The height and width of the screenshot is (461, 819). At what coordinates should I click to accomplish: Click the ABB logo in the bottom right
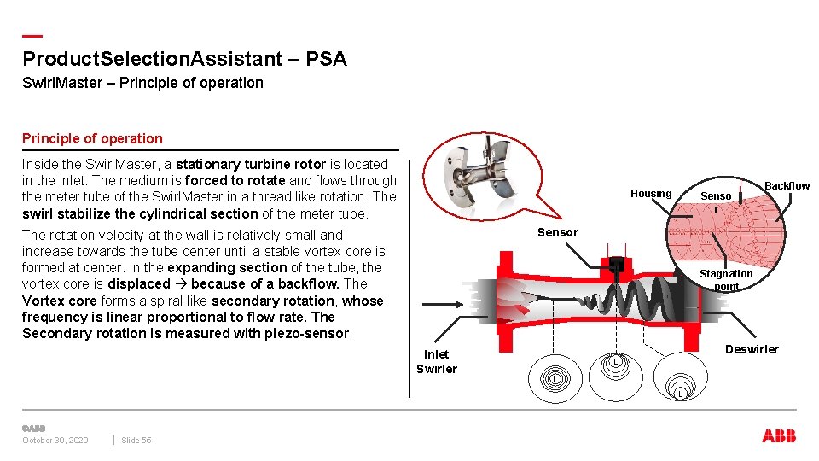pyautogui.click(x=779, y=436)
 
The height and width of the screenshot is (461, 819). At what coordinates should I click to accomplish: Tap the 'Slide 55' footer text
pyautogui.click(x=136, y=441)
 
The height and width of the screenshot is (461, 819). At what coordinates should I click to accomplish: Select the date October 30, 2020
pyautogui.click(x=55, y=441)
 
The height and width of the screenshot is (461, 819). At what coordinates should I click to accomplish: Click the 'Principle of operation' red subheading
pyautogui.click(x=92, y=138)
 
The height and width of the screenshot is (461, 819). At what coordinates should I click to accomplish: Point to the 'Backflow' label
pyautogui.click(x=787, y=186)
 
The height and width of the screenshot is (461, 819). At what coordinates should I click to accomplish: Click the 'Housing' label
pyautogui.click(x=651, y=194)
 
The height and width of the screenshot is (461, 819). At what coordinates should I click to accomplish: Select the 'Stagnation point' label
pyautogui.click(x=726, y=280)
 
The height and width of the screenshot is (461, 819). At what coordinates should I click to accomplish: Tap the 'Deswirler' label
pyautogui.click(x=752, y=349)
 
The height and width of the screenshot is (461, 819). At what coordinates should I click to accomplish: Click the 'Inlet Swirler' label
pyautogui.click(x=436, y=362)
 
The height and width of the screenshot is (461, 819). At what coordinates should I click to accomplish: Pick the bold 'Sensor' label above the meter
pyautogui.click(x=557, y=232)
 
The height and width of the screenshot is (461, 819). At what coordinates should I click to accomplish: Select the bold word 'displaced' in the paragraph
pyautogui.click(x=139, y=284)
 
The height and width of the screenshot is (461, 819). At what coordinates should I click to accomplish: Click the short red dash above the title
pyautogui.click(x=32, y=36)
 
